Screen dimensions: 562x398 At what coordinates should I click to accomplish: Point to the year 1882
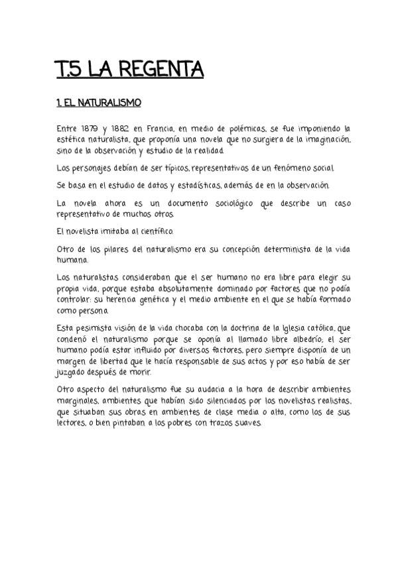coord(119,127)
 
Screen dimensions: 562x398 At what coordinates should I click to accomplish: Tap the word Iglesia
coord(287,329)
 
